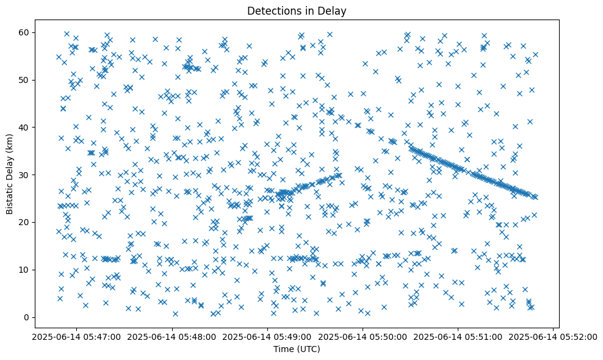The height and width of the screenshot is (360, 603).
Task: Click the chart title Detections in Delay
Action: pos(296,10)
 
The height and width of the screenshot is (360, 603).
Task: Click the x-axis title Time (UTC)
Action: pos(296,349)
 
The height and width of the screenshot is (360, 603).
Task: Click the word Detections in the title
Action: pos(271,10)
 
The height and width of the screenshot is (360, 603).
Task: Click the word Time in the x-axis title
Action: pos(282,349)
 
